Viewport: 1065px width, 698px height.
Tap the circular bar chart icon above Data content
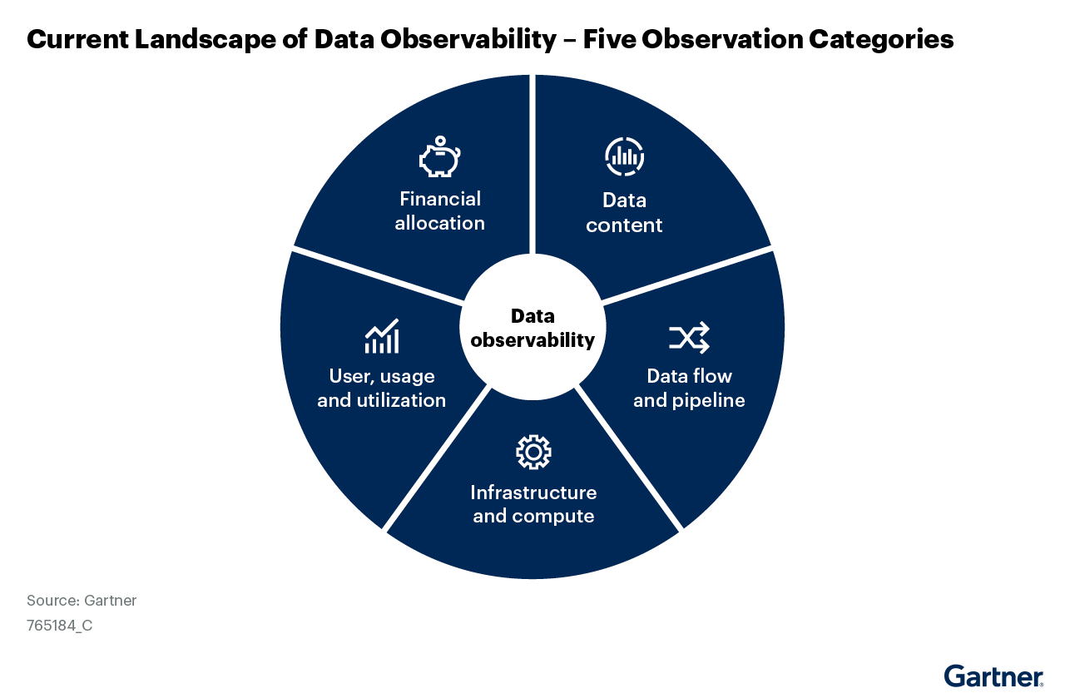(x=624, y=156)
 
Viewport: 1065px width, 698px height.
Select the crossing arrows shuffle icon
(x=689, y=337)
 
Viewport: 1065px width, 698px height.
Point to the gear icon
(x=533, y=452)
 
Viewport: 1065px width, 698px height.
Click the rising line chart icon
(x=382, y=336)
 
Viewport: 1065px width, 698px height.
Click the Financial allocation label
(x=439, y=211)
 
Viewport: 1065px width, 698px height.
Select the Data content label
(x=624, y=213)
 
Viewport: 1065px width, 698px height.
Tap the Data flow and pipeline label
(x=689, y=389)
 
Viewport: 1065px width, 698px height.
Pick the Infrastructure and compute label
(x=533, y=504)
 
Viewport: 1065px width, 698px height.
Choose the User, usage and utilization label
(x=382, y=389)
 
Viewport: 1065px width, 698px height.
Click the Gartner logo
(x=993, y=676)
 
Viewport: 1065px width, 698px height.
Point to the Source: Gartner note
(x=82, y=601)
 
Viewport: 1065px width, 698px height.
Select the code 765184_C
(x=59, y=626)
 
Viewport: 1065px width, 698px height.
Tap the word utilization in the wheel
(x=403, y=400)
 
